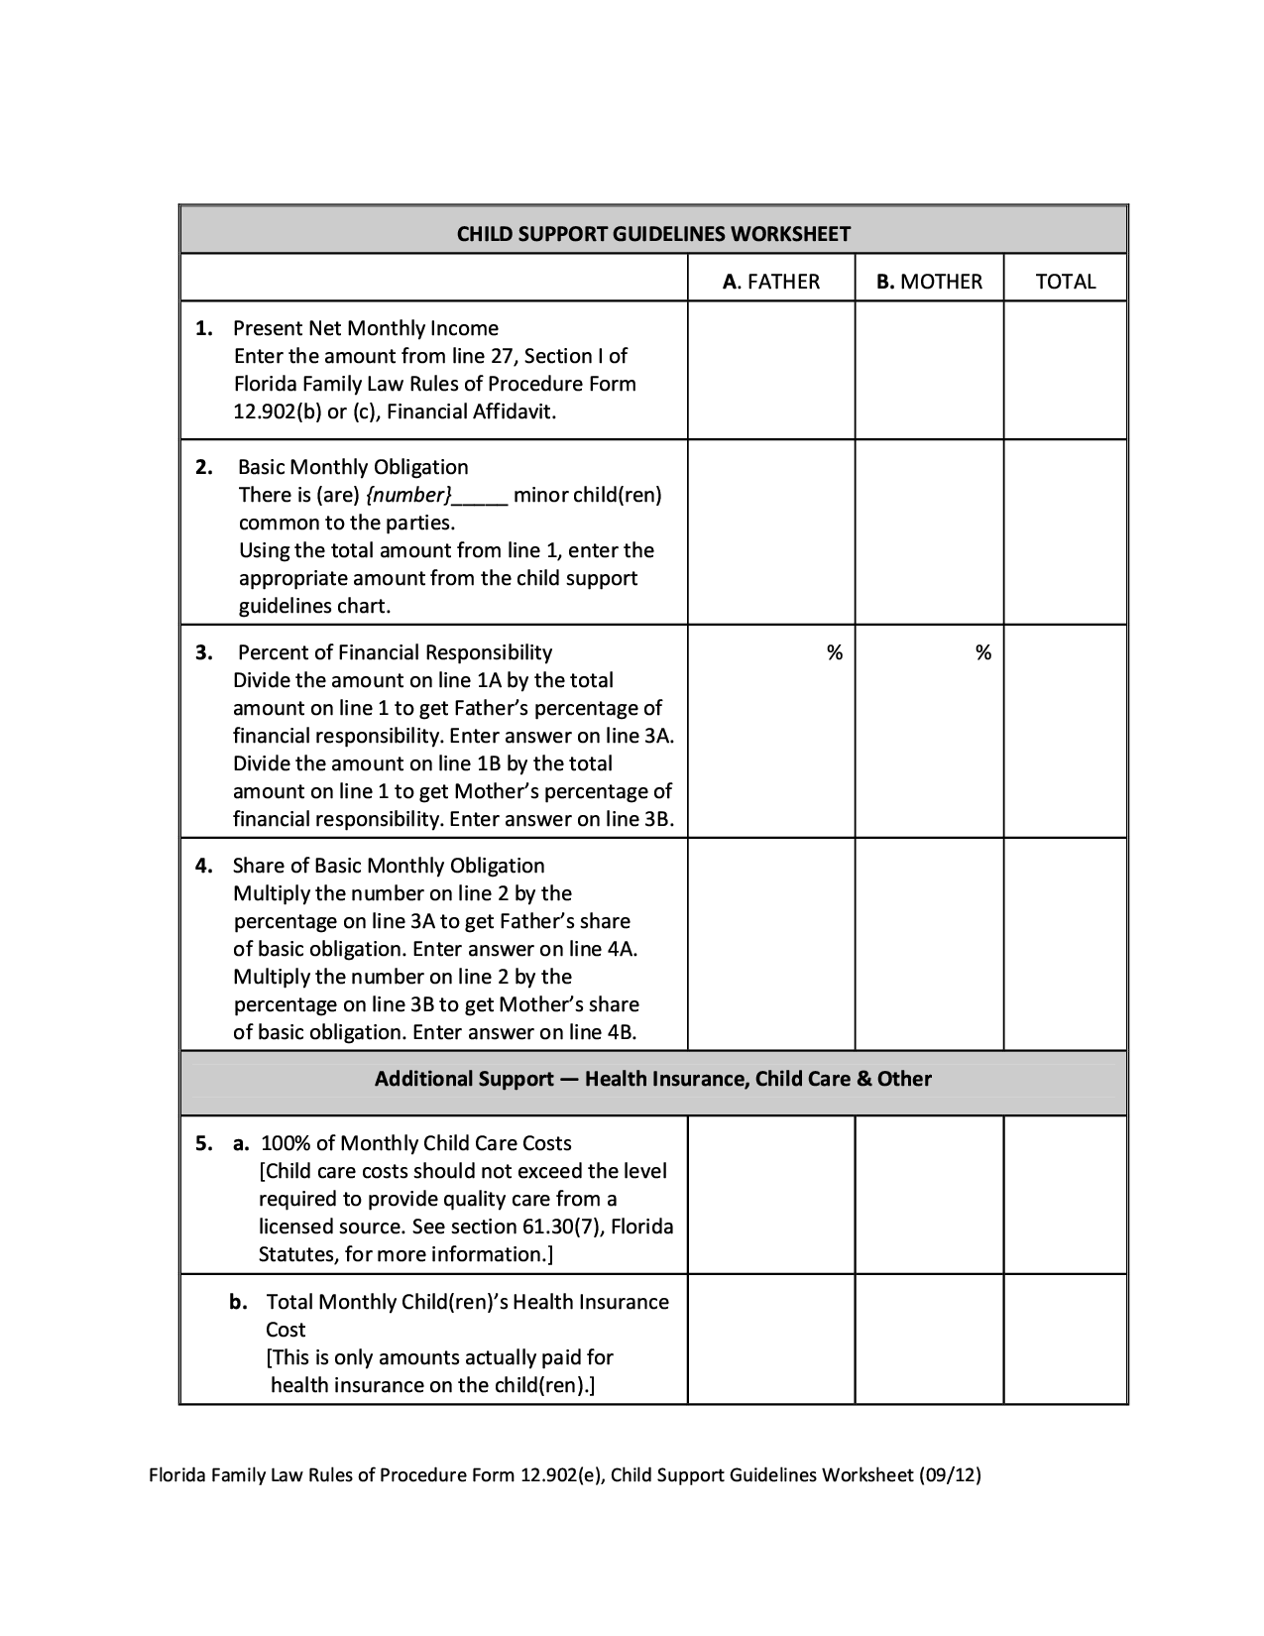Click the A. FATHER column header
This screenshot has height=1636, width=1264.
pyautogui.click(x=771, y=282)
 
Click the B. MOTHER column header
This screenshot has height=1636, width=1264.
pyautogui.click(x=929, y=282)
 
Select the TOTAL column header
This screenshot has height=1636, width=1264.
pyautogui.click(x=1066, y=282)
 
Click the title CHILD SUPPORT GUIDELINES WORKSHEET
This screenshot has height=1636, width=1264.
pyautogui.click(x=653, y=234)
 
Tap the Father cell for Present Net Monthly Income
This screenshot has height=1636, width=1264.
pyautogui.click(x=771, y=370)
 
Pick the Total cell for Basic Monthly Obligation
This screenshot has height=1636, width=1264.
pyautogui.click(x=1066, y=532)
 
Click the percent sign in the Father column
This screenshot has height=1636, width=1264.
pyautogui.click(x=835, y=652)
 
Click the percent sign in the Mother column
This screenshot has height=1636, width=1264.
pyautogui.click(x=982, y=652)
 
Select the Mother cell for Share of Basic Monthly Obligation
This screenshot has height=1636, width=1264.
pyautogui.click(x=929, y=944)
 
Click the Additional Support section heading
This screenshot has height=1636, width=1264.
pyautogui.click(x=653, y=1079)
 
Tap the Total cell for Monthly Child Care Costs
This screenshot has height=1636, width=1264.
pyautogui.click(x=1066, y=1195)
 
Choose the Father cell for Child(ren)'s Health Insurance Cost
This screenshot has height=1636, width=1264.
pyautogui.click(x=771, y=1340)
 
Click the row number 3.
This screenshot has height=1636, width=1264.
pyautogui.click(x=203, y=652)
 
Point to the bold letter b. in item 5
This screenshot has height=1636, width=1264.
pyautogui.click(x=238, y=1302)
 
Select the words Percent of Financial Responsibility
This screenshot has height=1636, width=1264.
pyautogui.click(x=396, y=652)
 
